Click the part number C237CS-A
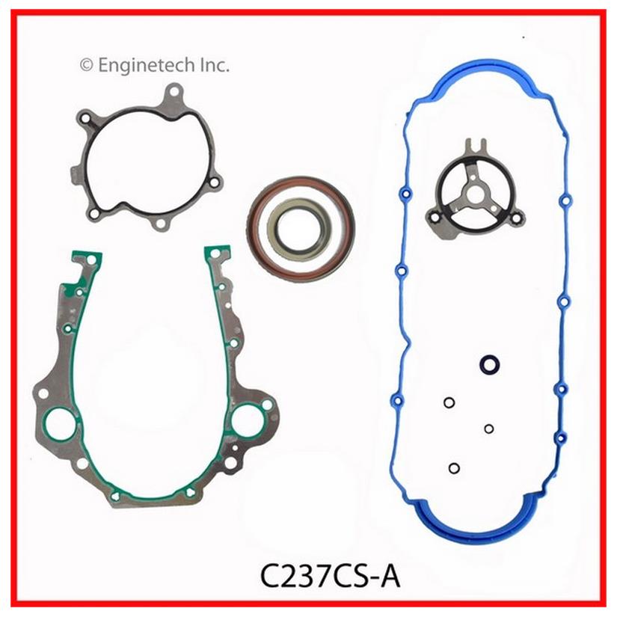click(x=330, y=577)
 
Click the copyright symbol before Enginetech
click(x=86, y=65)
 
